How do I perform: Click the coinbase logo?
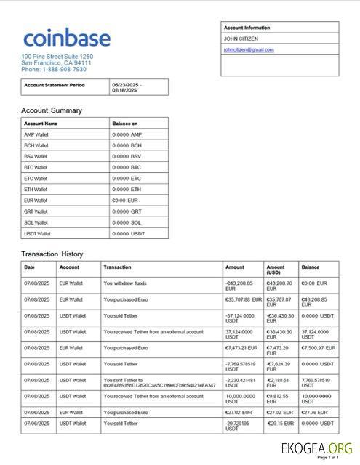pyautogui.click(x=66, y=39)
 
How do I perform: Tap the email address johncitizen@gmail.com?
pyautogui.click(x=249, y=49)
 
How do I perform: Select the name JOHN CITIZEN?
pyautogui.click(x=241, y=39)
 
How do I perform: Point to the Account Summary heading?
pyautogui.click(x=52, y=110)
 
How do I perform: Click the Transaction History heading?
pyautogui.click(x=52, y=254)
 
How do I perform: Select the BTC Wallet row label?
pyautogui.click(x=36, y=167)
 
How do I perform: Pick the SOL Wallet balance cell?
pyautogui.click(x=127, y=222)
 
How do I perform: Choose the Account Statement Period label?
pyautogui.click(x=55, y=85)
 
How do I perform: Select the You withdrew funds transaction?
pyautogui.click(x=125, y=283)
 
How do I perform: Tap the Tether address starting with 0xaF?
pyautogui.click(x=160, y=385)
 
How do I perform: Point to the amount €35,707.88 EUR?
pyautogui.click(x=243, y=299)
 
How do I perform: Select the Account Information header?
pyautogui.click(x=247, y=28)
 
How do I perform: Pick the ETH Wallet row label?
pyautogui.click(x=36, y=189)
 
